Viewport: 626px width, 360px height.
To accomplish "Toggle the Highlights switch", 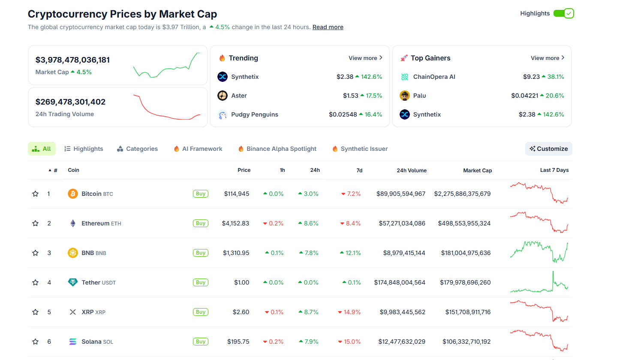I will pos(563,13).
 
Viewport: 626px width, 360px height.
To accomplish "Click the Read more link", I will pos(328,27).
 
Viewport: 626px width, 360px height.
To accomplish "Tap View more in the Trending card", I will pos(365,58).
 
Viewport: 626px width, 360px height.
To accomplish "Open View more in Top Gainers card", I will pos(547,58).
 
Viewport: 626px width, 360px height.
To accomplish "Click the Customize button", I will pos(548,149).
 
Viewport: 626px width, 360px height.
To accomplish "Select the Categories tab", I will pos(137,149).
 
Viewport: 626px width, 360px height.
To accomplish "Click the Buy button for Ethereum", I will pos(200,223).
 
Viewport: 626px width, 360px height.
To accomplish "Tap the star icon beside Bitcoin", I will pos(36,194).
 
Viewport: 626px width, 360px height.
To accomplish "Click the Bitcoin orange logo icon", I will pos(73,194).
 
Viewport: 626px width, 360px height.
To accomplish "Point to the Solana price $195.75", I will pos(238,342).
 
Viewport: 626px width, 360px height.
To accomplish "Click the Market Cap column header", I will pos(477,170).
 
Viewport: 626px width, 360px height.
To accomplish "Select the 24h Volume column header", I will pos(411,170).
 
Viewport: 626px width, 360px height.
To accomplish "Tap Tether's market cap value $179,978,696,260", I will pos(465,282).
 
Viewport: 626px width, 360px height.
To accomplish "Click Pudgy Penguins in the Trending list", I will pos(254,114).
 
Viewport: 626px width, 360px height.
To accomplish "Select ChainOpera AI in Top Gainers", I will pos(434,77).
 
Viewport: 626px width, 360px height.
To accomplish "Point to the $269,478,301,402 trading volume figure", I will pos(70,102).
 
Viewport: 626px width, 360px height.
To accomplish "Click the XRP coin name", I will pos(87,312).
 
